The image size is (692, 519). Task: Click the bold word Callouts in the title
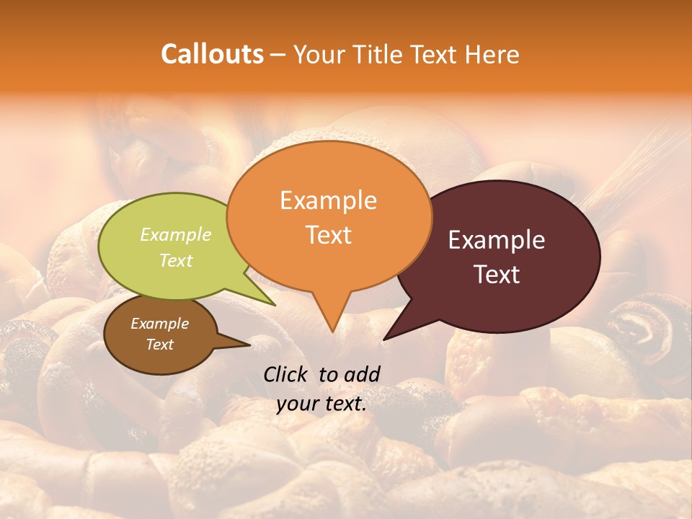click(x=213, y=54)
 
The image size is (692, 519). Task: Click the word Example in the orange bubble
click(x=328, y=200)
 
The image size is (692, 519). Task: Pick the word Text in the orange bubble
click(x=328, y=235)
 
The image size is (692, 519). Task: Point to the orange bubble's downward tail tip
click(x=332, y=332)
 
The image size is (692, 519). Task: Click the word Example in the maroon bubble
click(x=497, y=241)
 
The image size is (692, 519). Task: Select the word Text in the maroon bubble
click(x=497, y=275)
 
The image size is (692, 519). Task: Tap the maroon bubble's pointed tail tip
click(x=385, y=339)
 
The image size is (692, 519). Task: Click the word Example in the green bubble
click(x=176, y=234)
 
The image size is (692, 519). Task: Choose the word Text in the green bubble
click(x=176, y=260)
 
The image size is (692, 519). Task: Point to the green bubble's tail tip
click(x=275, y=305)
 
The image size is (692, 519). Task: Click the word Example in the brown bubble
click(x=159, y=324)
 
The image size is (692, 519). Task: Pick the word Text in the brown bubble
click(x=159, y=345)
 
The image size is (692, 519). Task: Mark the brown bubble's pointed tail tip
click(x=250, y=345)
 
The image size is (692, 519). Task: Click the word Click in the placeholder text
click(x=286, y=374)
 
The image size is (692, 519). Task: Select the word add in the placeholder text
click(x=362, y=374)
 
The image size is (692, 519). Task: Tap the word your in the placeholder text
click(x=296, y=404)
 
